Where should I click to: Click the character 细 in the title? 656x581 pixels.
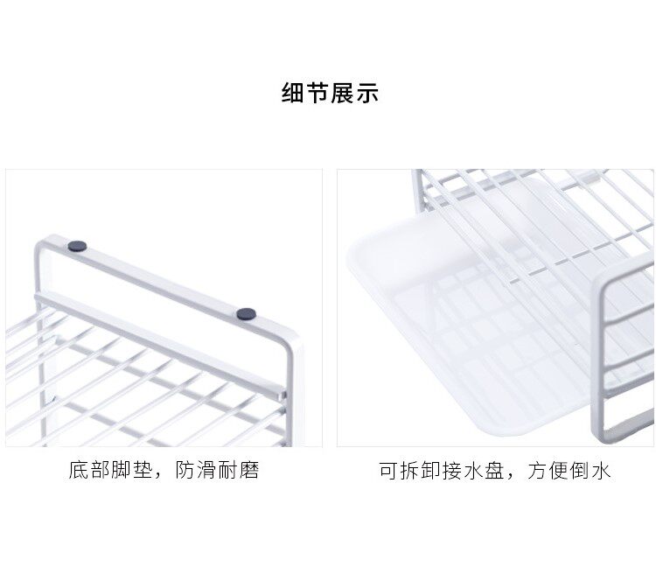tap(293, 94)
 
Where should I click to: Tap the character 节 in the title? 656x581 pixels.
tap(318, 94)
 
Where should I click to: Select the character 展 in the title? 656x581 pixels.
tap(342, 94)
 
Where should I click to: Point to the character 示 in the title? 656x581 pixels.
tap(366, 94)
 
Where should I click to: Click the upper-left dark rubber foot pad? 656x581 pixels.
tap(77, 247)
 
